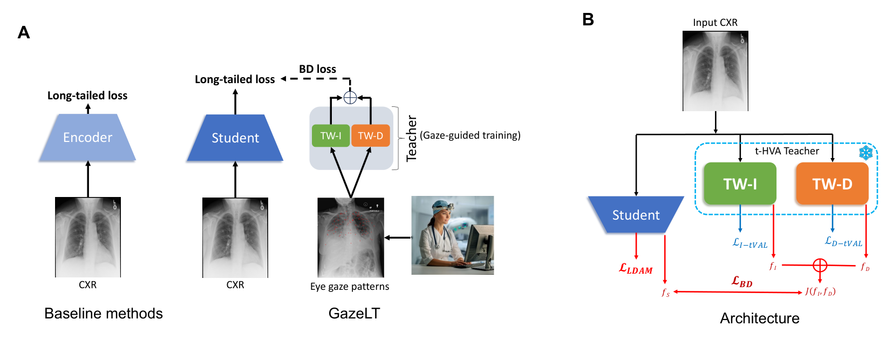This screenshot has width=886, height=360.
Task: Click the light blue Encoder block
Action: coord(87,138)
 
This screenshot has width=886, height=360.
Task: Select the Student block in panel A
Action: coord(235,138)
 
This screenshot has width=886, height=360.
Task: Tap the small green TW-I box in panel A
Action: coord(330,135)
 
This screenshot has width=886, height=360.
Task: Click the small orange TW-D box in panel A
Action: coord(370,135)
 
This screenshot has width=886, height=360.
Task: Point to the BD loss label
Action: coord(317,69)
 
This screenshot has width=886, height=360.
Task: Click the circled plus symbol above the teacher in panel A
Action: coord(350,98)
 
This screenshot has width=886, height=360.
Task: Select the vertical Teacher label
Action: coord(412,138)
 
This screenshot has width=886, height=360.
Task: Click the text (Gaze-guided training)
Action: coord(470,135)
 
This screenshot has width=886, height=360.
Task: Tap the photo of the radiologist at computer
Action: coord(452,235)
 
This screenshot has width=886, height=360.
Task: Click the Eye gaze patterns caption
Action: coord(349,287)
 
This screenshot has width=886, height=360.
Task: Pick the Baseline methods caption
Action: coord(103,314)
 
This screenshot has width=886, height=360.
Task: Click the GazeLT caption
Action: coord(354,314)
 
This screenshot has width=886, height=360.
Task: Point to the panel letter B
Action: coord(588,20)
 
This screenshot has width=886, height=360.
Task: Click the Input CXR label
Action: coord(715,23)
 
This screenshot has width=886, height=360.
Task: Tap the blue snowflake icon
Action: coord(865,153)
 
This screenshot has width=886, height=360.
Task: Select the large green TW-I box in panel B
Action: coord(740,184)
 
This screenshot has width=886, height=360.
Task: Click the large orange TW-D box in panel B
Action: coord(832,184)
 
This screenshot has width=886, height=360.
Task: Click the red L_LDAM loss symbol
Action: coord(636,269)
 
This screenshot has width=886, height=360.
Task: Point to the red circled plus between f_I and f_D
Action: coord(820,265)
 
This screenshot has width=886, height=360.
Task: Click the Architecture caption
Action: coord(759,318)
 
